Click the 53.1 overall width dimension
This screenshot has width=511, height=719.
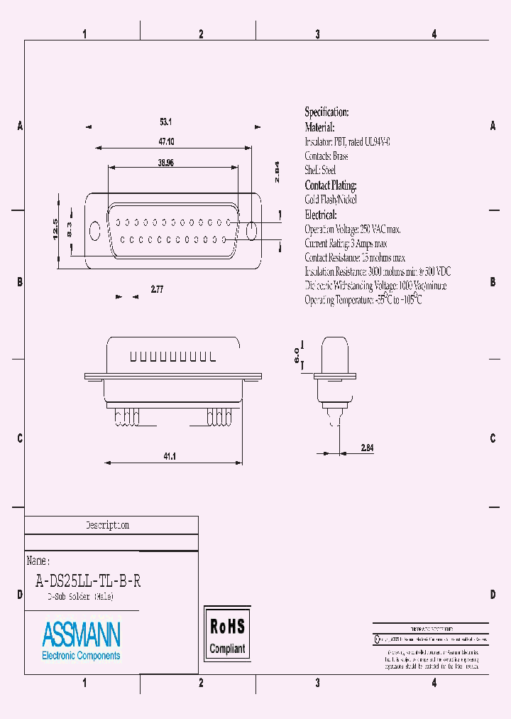(x=166, y=121)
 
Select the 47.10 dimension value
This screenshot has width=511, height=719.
(x=166, y=142)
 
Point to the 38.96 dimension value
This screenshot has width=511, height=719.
(x=166, y=163)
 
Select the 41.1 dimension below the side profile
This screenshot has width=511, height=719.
(x=170, y=457)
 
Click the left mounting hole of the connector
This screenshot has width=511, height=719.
(x=95, y=230)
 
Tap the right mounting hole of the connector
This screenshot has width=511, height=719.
(x=250, y=230)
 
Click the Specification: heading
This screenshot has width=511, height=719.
(x=326, y=112)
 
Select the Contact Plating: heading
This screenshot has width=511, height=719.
(x=330, y=185)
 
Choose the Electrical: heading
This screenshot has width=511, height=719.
(x=320, y=215)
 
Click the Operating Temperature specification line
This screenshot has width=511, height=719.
(x=363, y=301)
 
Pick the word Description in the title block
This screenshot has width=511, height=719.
(x=107, y=526)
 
